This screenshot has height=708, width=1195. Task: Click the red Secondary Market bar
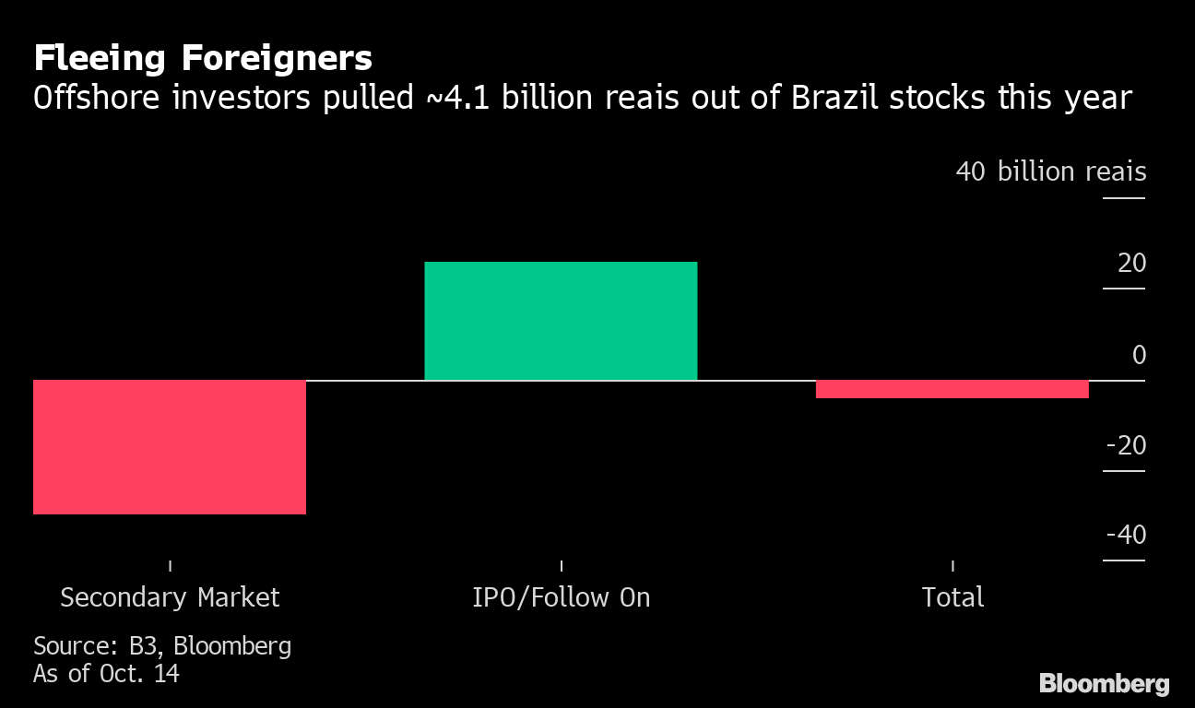[170, 446]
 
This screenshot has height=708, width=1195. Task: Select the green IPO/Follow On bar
[561, 321]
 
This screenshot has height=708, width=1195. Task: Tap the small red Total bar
[952, 389]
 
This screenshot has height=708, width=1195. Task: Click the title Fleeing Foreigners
[203, 59]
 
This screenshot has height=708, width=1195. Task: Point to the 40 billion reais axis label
[1051, 171]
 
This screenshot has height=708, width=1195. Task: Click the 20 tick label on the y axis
[1131, 264]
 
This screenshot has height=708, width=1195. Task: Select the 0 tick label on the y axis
[1139, 355]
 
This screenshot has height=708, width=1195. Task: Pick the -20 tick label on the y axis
[1125, 445]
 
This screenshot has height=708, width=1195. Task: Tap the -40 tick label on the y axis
[1125, 535]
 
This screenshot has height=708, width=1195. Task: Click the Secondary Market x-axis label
[170, 597]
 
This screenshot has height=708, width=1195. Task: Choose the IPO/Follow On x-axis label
[561, 597]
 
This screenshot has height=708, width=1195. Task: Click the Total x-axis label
[952, 597]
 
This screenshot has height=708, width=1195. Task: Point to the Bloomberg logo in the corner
[1104, 683]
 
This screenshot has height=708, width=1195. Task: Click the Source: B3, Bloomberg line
[162, 646]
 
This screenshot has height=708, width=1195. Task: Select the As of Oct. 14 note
[106, 674]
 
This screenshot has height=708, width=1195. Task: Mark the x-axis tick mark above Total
[952, 565]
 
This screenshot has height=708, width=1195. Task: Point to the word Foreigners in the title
[277, 59]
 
